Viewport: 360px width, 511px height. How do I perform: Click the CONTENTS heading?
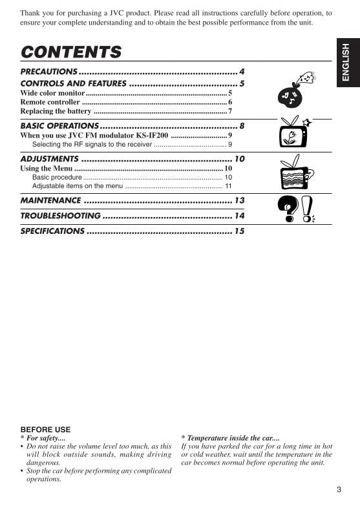(x=71, y=52)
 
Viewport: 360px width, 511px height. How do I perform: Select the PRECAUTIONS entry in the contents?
(x=49, y=72)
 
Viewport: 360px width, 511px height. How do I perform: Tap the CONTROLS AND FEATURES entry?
(x=73, y=83)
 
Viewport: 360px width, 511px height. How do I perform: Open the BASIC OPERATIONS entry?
(x=59, y=125)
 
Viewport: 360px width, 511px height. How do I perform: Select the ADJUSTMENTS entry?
(x=49, y=159)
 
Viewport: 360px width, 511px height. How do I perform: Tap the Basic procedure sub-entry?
(x=57, y=177)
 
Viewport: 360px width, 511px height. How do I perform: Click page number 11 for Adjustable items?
(x=228, y=186)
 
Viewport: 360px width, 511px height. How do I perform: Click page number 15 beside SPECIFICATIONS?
(x=239, y=231)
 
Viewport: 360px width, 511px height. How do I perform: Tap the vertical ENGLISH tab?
(x=346, y=62)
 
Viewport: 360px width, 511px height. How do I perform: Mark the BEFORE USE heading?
(x=45, y=429)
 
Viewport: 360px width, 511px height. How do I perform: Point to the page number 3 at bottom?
(x=339, y=489)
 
